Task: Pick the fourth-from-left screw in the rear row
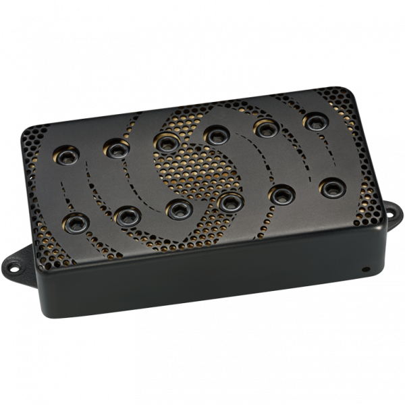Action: (x=216, y=135)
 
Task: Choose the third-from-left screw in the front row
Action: (x=178, y=207)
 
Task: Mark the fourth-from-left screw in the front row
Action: (x=230, y=200)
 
